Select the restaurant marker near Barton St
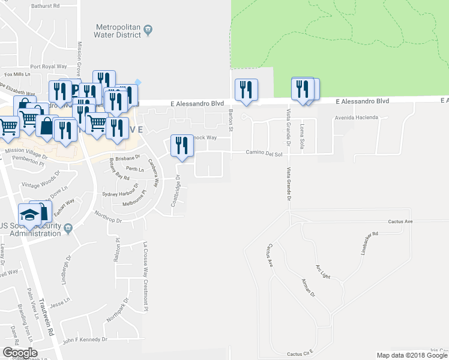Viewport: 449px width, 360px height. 246,90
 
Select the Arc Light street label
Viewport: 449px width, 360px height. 322,271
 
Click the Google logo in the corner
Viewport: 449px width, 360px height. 20,353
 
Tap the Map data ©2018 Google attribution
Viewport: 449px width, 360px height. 412,355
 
